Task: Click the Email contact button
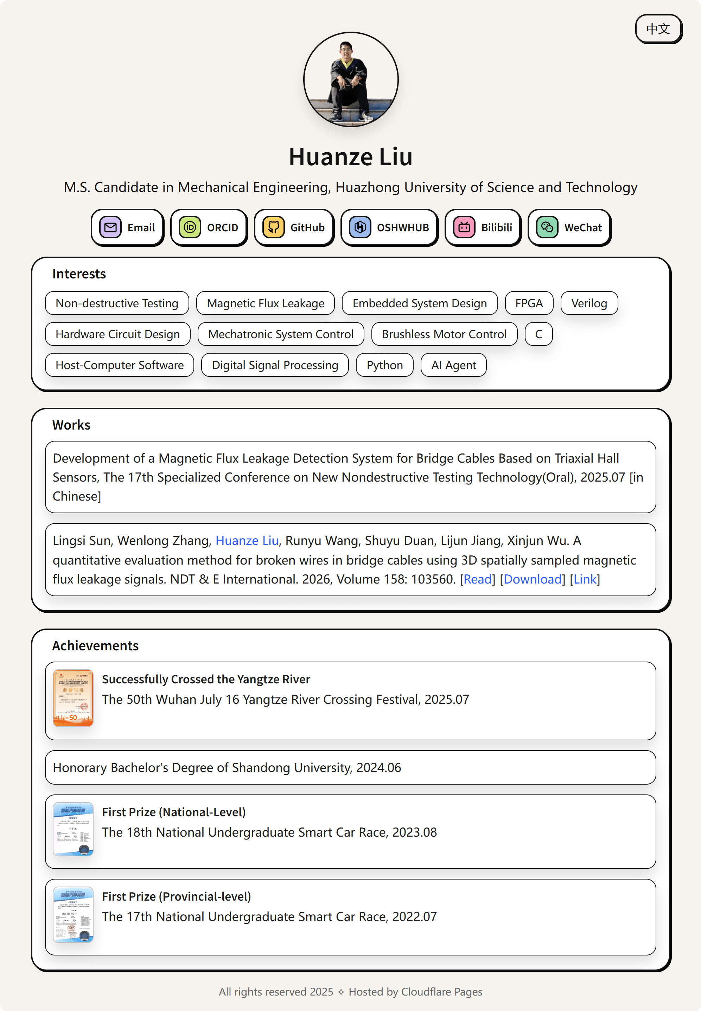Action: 127,227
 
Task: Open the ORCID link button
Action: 209,227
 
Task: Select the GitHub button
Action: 294,227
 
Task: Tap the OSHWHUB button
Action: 389,227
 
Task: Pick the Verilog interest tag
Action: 589,303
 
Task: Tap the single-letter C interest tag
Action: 539,334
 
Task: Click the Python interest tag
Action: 384,365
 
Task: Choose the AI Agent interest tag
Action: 453,365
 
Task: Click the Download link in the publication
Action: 532,579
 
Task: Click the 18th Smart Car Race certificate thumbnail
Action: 73,829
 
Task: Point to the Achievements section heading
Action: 95,646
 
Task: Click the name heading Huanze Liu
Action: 350,157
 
